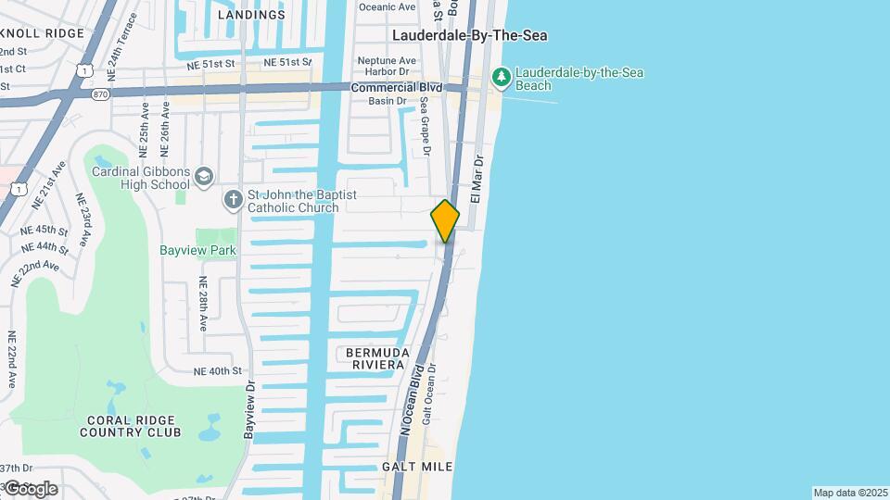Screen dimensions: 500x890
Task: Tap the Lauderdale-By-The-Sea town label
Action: coord(469,35)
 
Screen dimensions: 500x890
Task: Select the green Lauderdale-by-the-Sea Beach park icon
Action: coord(502,78)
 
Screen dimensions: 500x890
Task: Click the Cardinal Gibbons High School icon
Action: coord(204,176)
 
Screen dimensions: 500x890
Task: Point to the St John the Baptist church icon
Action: coord(234,200)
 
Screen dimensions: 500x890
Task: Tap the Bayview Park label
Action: coord(197,250)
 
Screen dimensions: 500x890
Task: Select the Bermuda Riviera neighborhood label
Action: coord(376,358)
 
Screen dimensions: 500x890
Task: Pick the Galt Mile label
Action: coord(417,467)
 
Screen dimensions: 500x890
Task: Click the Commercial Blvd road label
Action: coord(390,87)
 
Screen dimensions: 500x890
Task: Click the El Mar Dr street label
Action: coord(477,179)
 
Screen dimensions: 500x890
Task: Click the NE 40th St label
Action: coord(218,371)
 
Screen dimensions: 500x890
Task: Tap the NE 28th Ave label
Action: coord(203,304)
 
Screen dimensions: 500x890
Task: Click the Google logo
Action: coord(31,489)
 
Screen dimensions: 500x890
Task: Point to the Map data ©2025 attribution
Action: coord(850,493)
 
